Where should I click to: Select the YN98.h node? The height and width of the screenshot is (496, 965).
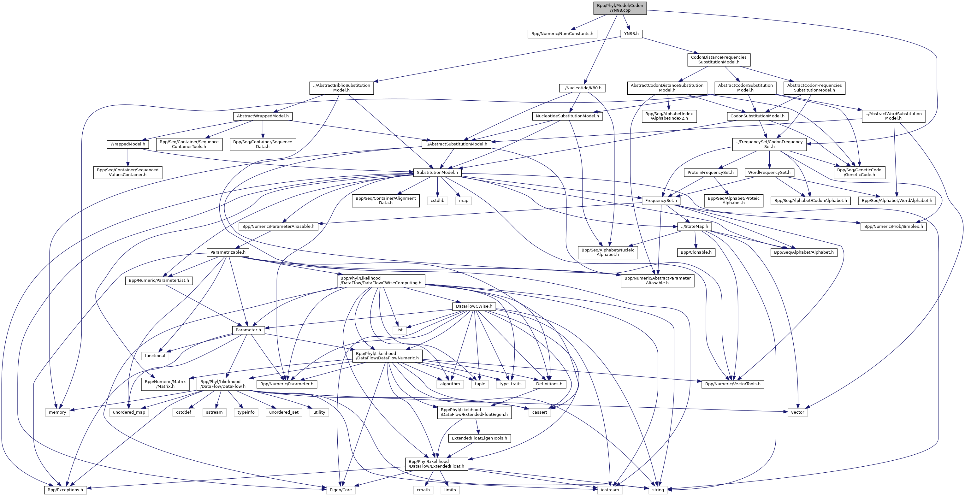[x=631, y=34]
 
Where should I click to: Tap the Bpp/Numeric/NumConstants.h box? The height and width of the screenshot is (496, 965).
[x=562, y=34]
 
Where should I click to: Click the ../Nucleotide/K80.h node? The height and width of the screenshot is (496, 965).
[x=582, y=88]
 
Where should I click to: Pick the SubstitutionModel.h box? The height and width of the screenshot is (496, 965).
[x=437, y=172]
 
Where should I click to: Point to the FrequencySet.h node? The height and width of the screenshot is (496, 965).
[x=661, y=200]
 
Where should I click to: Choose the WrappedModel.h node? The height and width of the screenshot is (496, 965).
[x=128, y=144]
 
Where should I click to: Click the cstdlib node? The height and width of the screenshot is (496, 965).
[x=437, y=200]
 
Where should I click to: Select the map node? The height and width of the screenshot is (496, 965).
[x=463, y=200]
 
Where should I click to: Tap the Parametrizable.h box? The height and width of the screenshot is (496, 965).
[x=228, y=252]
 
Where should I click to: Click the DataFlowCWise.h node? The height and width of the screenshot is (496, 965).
[x=474, y=306]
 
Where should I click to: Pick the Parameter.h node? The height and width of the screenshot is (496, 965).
[x=248, y=330]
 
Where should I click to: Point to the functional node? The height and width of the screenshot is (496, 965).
[x=155, y=356]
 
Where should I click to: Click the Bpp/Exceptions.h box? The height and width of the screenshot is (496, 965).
[x=66, y=490]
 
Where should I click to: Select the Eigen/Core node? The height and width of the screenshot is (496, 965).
[x=340, y=490]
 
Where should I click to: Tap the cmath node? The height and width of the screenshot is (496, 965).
[x=423, y=490]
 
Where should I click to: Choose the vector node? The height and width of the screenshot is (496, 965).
[x=797, y=412]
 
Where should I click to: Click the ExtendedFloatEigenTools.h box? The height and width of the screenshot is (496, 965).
[x=479, y=438]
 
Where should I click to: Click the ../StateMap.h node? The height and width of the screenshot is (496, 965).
[x=695, y=226]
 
